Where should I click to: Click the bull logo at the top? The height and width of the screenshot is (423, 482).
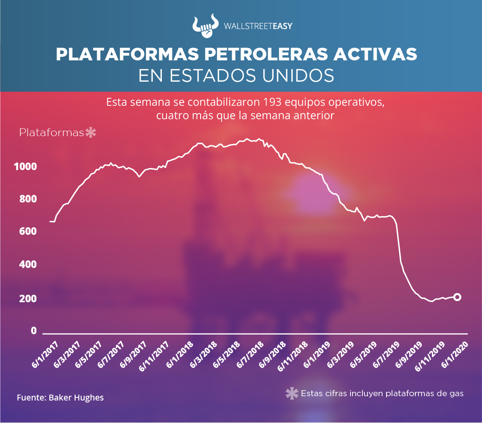click(205, 26)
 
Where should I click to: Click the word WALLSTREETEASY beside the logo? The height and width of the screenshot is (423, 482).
click(258, 26)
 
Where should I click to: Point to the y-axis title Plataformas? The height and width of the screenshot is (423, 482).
click(52, 133)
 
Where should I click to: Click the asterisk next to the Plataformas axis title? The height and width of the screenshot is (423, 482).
click(91, 133)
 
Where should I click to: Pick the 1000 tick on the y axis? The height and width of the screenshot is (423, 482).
click(25, 167)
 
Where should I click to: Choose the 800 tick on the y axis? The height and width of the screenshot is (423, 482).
click(28, 199)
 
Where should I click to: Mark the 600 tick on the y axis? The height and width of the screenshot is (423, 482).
click(28, 231)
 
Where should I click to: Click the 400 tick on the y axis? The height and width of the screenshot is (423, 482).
click(28, 264)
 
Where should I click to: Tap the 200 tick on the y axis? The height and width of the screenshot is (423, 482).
click(28, 298)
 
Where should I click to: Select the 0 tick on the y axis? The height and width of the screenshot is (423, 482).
click(34, 331)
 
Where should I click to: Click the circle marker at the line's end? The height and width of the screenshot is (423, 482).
click(457, 297)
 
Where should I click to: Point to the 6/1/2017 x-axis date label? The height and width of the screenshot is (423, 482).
click(45, 354)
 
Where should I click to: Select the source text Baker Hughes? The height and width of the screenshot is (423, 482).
click(76, 398)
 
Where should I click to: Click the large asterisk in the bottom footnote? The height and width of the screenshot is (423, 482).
click(292, 393)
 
